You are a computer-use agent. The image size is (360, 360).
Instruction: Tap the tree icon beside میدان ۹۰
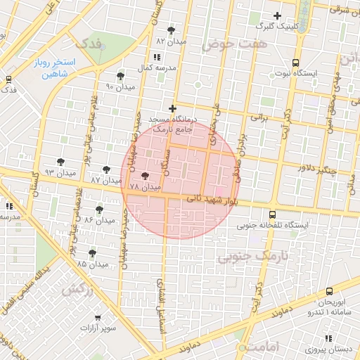[120, 75]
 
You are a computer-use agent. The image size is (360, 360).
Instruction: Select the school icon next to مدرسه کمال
[156, 56]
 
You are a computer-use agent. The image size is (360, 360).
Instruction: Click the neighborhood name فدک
[91, 44]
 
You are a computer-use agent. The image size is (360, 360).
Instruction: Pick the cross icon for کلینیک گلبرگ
[277, 15]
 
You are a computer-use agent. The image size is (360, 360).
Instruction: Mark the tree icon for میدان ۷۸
[146, 176]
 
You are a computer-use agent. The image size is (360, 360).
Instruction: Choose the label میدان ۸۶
[99, 220]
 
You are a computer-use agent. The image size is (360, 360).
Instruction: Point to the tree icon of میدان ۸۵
[92, 253]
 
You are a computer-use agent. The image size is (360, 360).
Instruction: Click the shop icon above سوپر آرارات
[97, 317]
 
